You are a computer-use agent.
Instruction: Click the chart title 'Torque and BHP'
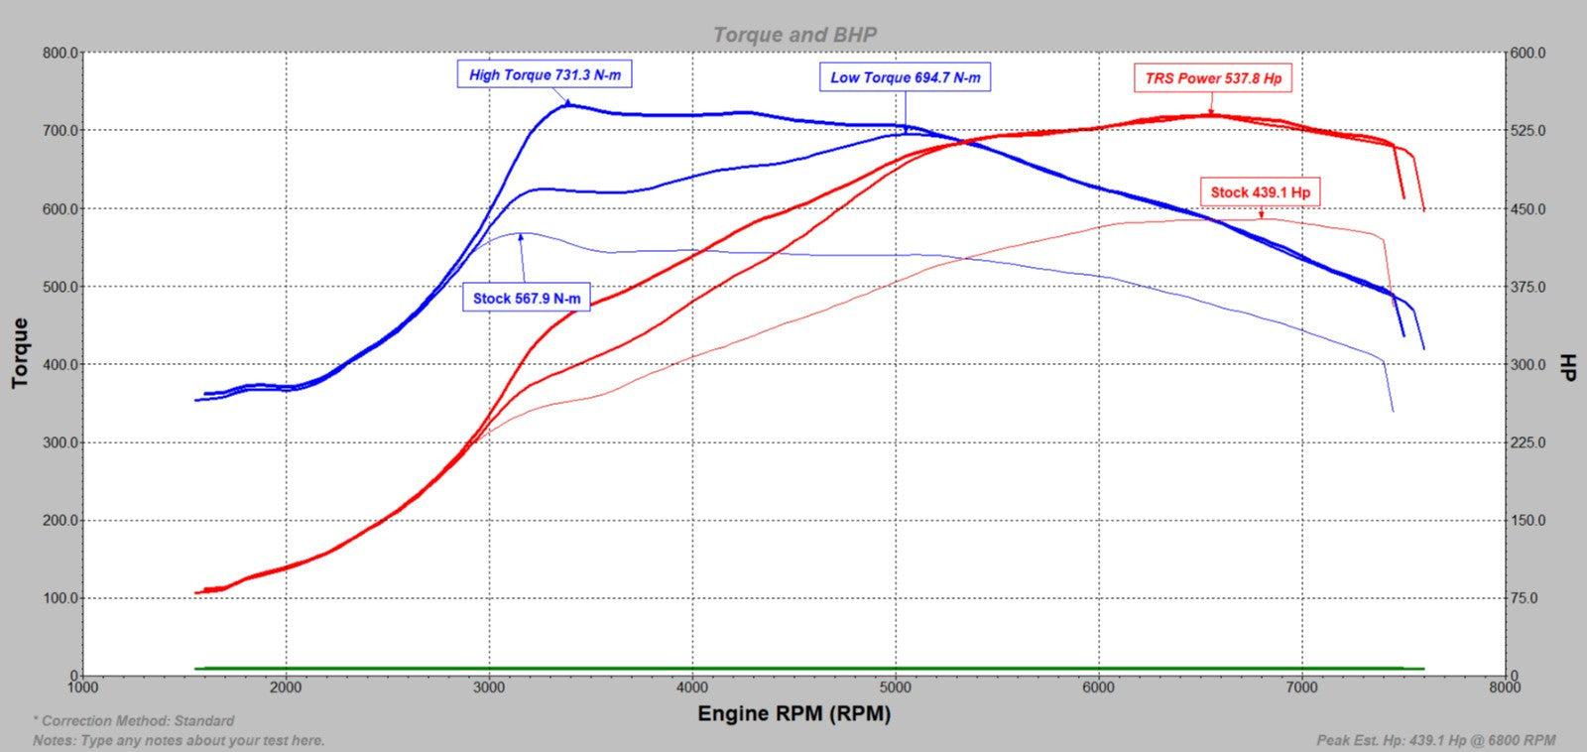[x=794, y=35]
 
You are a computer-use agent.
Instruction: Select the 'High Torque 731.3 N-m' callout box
[x=545, y=74]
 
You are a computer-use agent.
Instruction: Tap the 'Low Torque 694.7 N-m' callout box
[x=905, y=77]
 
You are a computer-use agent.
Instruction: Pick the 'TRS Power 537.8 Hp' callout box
[x=1212, y=78]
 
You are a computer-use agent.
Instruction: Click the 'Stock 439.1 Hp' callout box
[x=1260, y=192]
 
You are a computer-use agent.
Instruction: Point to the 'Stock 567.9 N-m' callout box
[x=527, y=298]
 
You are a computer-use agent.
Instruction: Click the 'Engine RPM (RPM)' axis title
[x=793, y=713]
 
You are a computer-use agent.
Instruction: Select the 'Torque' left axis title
[x=20, y=353]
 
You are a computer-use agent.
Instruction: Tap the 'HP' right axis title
[x=1568, y=365]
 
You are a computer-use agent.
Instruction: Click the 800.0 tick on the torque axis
[x=60, y=53]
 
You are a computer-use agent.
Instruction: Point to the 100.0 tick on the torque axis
[x=60, y=598]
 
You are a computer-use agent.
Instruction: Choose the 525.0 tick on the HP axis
[x=1527, y=131]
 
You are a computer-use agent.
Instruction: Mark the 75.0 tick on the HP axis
[x=1525, y=598]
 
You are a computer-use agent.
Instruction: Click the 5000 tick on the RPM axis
[x=896, y=688]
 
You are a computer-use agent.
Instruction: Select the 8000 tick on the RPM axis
[x=1505, y=688]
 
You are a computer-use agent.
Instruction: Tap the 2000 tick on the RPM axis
[x=286, y=688]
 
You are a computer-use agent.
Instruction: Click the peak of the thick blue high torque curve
[x=566, y=103]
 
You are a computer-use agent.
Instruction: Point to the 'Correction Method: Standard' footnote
[x=135, y=721]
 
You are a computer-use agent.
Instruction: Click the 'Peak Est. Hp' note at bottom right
[x=1435, y=740]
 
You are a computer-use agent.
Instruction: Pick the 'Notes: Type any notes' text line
[x=179, y=740]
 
